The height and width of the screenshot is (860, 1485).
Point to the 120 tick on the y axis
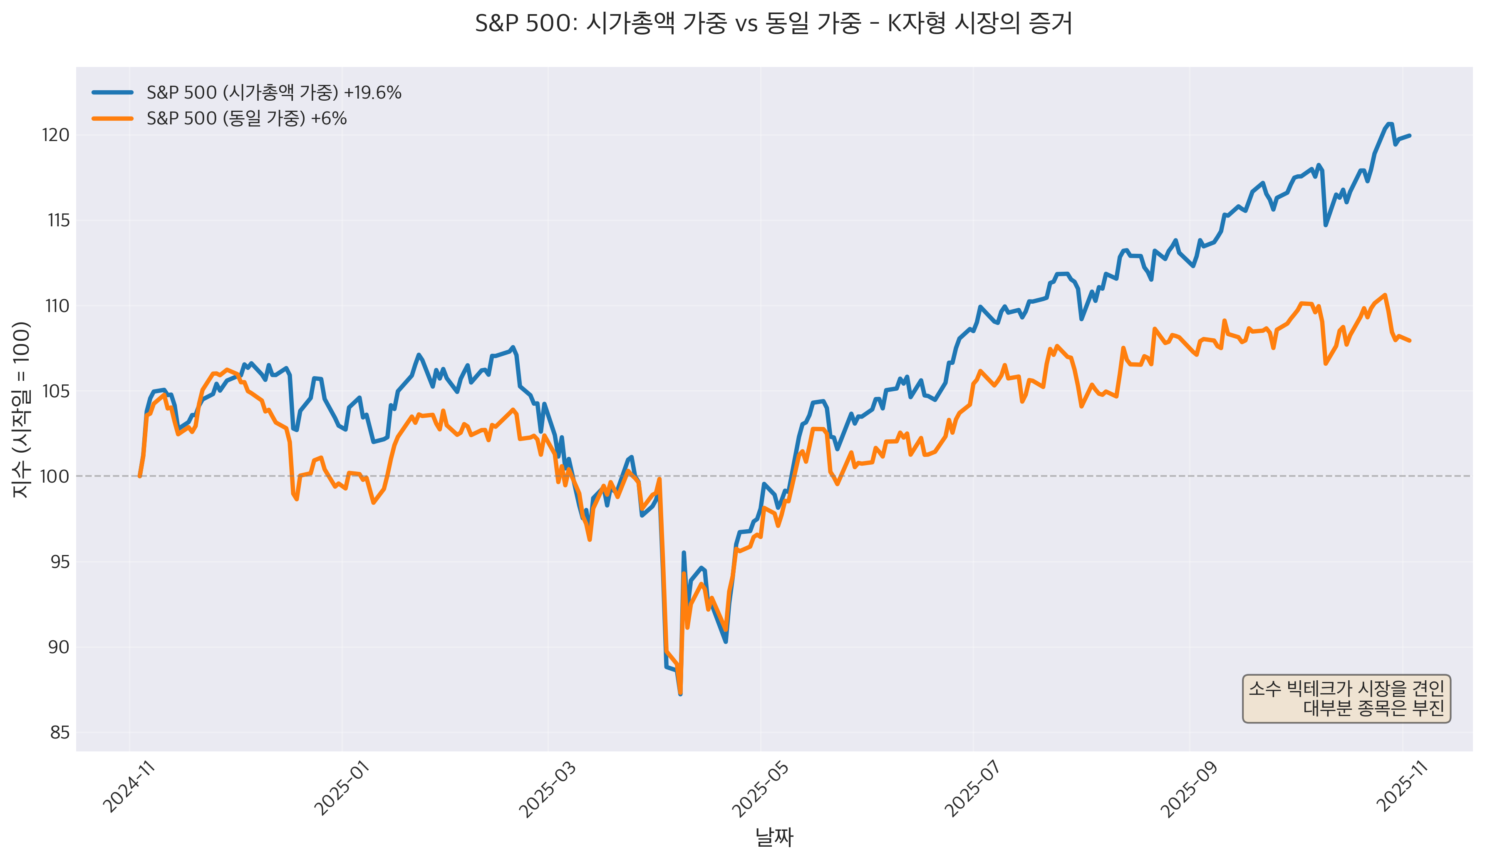tap(55, 135)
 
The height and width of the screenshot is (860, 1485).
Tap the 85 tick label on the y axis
tap(59, 733)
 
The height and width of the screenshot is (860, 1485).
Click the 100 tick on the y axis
tap(54, 476)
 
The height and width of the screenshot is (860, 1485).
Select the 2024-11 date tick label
tap(129, 788)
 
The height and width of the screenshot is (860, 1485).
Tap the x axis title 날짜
tap(774, 837)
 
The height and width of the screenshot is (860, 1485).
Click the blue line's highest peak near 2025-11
tap(1389, 124)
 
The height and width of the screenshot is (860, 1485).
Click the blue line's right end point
tap(1409, 136)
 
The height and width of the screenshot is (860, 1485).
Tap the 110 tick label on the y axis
tap(57, 306)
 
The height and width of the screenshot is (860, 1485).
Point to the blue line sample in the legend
tap(113, 92)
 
